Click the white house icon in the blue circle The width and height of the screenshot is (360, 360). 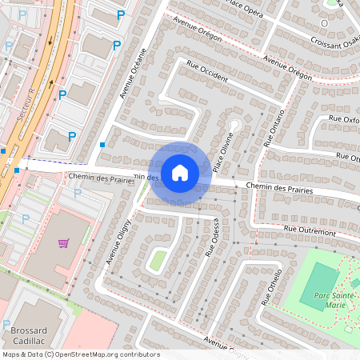coord(180,172)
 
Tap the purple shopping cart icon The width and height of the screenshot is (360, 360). coord(63,242)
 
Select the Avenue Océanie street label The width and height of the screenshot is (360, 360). coord(134,74)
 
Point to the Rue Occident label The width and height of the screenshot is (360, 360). coord(206,72)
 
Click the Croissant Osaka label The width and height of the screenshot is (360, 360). coord(332,42)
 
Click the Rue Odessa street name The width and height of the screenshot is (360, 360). coord(212,238)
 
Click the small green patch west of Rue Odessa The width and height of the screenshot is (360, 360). coord(158,259)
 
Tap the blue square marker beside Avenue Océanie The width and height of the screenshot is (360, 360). coord(102,145)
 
